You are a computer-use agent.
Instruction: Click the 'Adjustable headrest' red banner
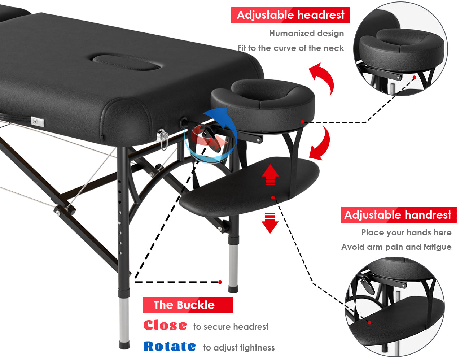click(290, 15)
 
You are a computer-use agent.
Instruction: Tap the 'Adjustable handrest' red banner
click(399, 215)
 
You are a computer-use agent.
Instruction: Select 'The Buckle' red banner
click(187, 305)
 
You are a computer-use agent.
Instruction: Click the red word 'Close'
click(165, 325)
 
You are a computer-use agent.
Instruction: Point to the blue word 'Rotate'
click(170, 346)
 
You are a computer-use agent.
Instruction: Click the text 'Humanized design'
click(307, 33)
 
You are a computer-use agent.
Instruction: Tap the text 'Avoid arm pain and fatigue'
click(396, 247)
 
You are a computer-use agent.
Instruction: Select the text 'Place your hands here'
click(407, 232)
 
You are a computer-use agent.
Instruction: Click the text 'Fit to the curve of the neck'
click(291, 48)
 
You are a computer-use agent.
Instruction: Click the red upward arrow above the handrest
click(270, 174)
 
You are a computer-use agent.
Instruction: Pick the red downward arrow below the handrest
click(270, 223)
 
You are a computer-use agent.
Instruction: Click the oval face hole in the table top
click(126, 62)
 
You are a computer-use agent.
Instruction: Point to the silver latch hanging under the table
click(163, 139)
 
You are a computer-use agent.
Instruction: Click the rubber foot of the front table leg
click(124, 345)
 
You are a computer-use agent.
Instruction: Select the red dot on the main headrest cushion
click(302, 122)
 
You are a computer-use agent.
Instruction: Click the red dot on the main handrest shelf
click(273, 197)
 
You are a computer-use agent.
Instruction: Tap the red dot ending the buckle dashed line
click(220, 282)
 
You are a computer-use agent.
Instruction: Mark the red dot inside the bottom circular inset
click(369, 323)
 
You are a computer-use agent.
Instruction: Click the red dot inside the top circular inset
click(415, 77)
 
